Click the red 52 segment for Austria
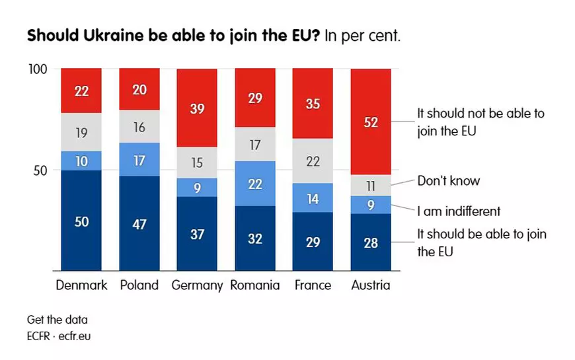tap(371, 122)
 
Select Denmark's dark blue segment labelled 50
tap(81, 221)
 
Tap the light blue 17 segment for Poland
tap(139, 159)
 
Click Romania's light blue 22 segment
tap(255, 184)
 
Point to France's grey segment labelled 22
tap(313, 161)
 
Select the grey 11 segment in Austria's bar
tap(371, 186)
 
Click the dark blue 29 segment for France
tap(313, 241)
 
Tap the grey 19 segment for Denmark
tap(81, 132)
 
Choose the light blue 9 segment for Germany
tap(197, 188)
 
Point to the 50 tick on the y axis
tap(41, 170)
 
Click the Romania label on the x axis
tap(255, 285)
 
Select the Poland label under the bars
tap(139, 285)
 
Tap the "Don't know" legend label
tap(448, 181)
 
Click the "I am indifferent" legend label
tap(459, 211)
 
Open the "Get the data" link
tap(57, 320)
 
